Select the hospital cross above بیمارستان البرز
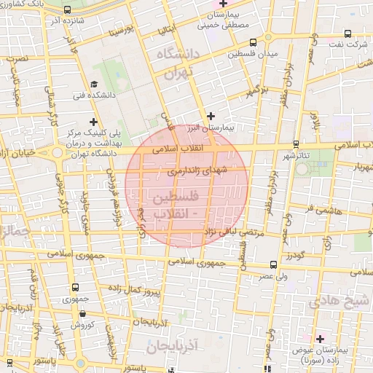[x=211, y=115]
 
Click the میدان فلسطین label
[x=251, y=54]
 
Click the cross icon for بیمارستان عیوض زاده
[x=320, y=338]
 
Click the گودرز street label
[x=294, y=256]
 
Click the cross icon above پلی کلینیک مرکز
[x=93, y=122]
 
